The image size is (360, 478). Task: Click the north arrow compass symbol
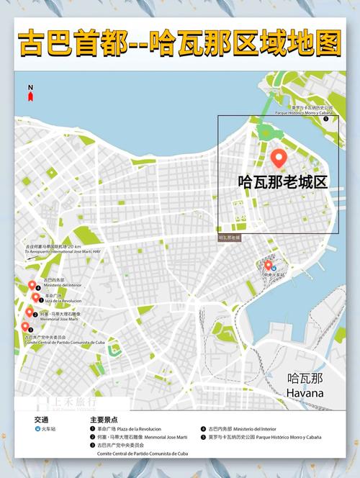click(30, 91)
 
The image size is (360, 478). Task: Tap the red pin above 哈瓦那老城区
click(278, 158)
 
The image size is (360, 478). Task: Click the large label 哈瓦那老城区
click(282, 182)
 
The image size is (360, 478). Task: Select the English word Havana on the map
click(305, 393)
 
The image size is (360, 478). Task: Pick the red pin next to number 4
click(32, 286)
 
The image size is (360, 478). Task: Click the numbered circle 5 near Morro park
click(325, 119)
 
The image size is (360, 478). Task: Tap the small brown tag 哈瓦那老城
click(230, 237)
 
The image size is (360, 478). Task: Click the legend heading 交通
click(40, 419)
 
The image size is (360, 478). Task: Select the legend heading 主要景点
click(104, 419)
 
